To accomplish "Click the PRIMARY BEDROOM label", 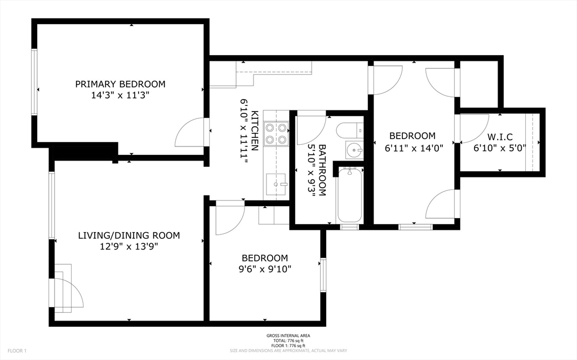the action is (x=121, y=84).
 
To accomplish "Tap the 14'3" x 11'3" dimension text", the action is (x=120, y=95).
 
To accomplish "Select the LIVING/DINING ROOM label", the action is (x=129, y=235).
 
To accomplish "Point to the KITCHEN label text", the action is (x=255, y=130).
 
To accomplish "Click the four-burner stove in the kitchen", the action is (x=276, y=134).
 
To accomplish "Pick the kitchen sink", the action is (x=276, y=184).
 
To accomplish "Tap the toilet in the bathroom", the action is (x=349, y=130).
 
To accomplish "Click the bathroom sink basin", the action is (x=354, y=150).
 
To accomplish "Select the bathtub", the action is (x=349, y=195).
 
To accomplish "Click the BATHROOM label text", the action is (x=322, y=170).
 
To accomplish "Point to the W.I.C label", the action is (x=500, y=137).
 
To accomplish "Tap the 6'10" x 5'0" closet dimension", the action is (x=500, y=148).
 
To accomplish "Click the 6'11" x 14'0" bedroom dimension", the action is (x=414, y=148).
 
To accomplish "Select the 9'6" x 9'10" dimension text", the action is (x=265, y=269).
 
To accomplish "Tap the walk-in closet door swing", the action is (x=474, y=128).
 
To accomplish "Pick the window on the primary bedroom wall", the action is (x=34, y=82).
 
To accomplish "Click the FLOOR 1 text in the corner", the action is (x=17, y=351).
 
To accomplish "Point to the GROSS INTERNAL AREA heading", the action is (x=288, y=336).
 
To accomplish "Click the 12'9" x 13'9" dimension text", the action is (x=129, y=247).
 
